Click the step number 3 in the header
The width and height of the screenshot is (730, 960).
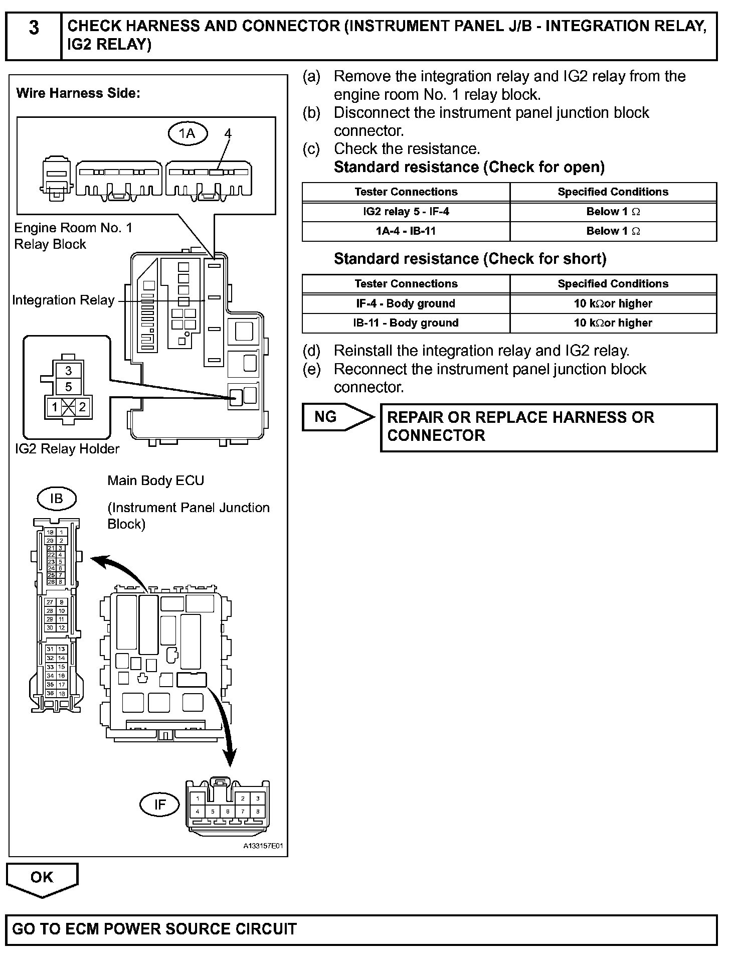tap(33, 28)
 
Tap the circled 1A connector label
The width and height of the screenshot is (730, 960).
tap(187, 133)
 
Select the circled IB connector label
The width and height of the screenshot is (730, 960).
tap(57, 499)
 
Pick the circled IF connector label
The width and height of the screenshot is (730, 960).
tap(159, 805)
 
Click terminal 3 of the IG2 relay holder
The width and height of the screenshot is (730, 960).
tap(69, 371)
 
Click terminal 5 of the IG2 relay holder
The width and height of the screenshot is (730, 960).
tap(69, 387)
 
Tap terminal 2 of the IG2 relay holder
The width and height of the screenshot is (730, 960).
tap(82, 407)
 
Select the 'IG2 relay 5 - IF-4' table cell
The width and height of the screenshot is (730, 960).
tap(406, 212)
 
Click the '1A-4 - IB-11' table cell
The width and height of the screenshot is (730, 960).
tap(406, 231)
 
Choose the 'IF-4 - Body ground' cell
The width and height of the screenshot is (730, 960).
tap(406, 303)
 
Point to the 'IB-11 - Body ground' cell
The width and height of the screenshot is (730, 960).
tap(406, 323)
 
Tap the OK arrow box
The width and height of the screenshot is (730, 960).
tap(42, 877)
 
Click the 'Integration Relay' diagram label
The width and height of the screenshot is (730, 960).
tap(63, 300)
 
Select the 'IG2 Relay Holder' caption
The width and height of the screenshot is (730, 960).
tap(67, 449)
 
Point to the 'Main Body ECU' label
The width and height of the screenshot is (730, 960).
tap(155, 481)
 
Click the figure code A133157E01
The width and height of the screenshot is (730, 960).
tap(263, 846)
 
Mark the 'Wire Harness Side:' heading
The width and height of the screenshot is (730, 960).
tap(78, 93)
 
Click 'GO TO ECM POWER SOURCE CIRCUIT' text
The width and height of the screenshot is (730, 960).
tap(154, 929)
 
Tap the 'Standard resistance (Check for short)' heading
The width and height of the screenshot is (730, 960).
tap(470, 259)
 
